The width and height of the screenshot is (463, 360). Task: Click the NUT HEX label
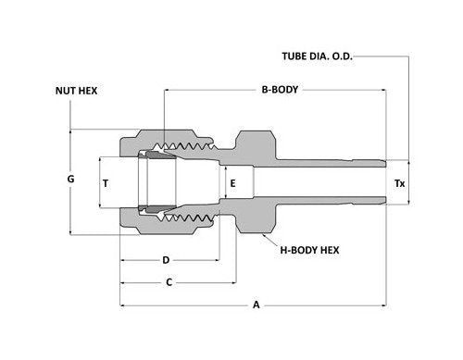(76, 91)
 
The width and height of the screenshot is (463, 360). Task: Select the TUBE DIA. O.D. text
(317, 56)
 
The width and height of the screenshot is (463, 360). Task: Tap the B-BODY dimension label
(280, 90)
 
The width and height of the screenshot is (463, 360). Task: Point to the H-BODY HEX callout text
(309, 250)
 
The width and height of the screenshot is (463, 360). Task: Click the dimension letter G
(70, 179)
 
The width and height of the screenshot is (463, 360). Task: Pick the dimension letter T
(106, 183)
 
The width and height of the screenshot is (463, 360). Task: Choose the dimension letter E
(232, 183)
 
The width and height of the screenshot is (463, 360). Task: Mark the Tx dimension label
(399, 183)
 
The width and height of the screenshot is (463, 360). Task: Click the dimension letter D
(166, 260)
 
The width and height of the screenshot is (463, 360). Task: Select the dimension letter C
(169, 282)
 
